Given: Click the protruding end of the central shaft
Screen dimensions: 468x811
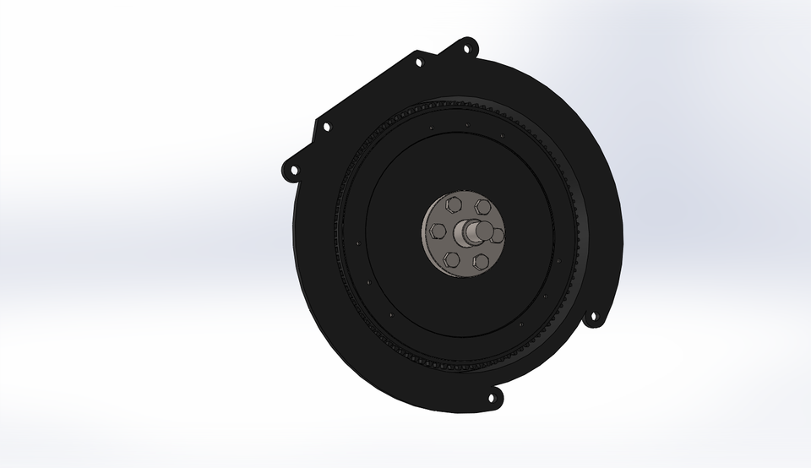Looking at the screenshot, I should click(485, 228).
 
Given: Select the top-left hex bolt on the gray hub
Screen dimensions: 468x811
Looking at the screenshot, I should click(454, 204).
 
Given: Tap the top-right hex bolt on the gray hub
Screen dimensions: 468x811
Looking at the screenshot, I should click(482, 206).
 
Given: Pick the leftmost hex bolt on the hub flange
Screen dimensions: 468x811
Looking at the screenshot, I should click(438, 231).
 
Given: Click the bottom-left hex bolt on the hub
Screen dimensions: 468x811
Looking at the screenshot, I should click(452, 258).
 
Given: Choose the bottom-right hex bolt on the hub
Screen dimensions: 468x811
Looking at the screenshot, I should click(481, 260).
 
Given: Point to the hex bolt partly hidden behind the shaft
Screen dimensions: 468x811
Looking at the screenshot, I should click(498, 235).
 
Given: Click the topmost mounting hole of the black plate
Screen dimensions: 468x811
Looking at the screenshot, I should click(465, 48).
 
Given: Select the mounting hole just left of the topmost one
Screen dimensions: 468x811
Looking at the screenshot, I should click(418, 62).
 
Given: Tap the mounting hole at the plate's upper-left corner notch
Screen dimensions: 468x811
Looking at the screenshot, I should click(326, 128).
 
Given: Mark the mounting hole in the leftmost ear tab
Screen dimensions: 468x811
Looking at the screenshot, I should click(293, 171).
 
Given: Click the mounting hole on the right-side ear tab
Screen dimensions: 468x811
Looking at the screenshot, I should click(593, 318).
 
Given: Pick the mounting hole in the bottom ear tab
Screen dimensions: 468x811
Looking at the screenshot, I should click(492, 397).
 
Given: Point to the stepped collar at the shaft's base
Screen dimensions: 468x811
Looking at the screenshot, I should click(465, 233).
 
